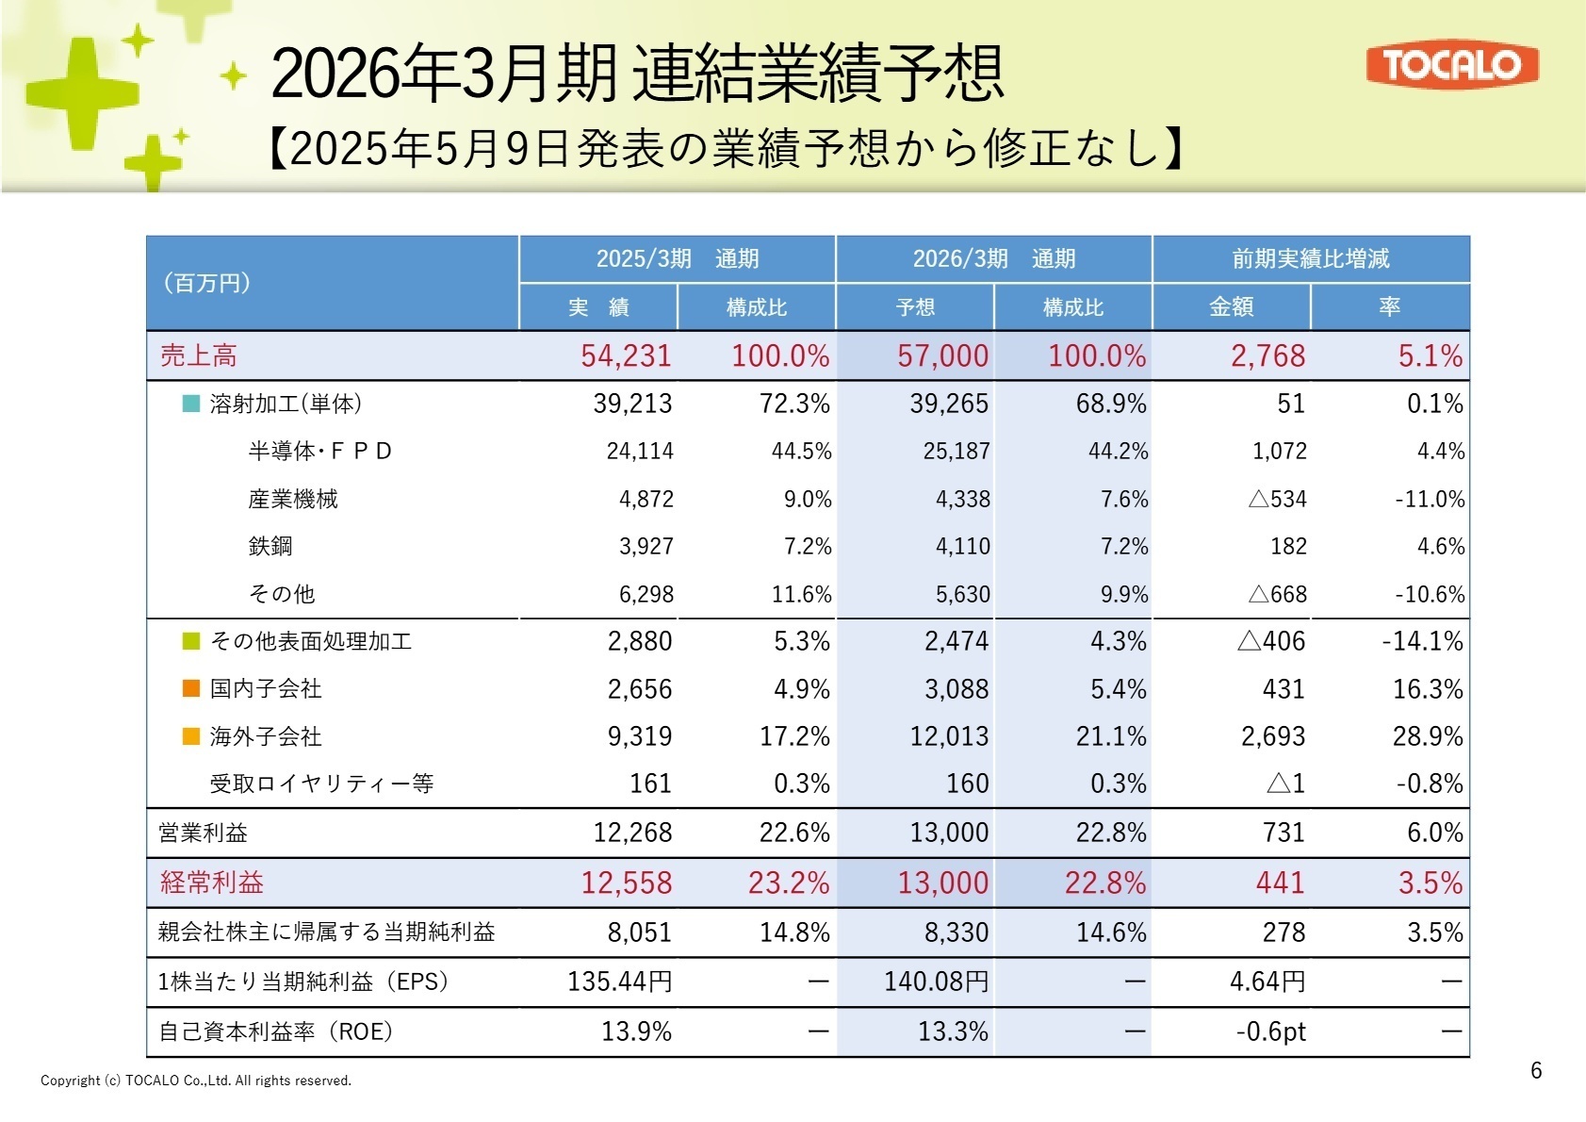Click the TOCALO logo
pyautogui.click(x=1451, y=64)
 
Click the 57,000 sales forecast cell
pyautogui.click(x=942, y=355)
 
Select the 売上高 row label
pyautogui.click(x=199, y=355)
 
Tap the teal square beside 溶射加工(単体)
pyautogui.click(x=191, y=404)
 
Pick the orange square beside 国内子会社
pyautogui.click(x=191, y=688)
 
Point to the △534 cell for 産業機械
pyautogui.click(x=1277, y=499)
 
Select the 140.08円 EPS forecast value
pyautogui.click(x=936, y=982)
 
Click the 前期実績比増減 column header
pyautogui.click(x=1310, y=258)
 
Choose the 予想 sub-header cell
pyautogui.click(x=915, y=306)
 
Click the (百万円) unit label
pyautogui.click(x=206, y=283)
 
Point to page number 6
pyautogui.click(x=1536, y=1070)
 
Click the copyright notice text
pyautogui.click(x=196, y=1081)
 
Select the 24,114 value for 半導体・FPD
pyautogui.click(x=640, y=452)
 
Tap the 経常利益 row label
pyautogui.click(x=212, y=883)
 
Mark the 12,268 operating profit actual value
pyautogui.click(x=632, y=833)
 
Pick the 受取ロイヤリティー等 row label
pyautogui.click(x=321, y=784)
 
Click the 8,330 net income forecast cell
pyautogui.click(x=956, y=932)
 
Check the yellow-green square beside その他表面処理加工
pyautogui.click(x=191, y=641)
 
